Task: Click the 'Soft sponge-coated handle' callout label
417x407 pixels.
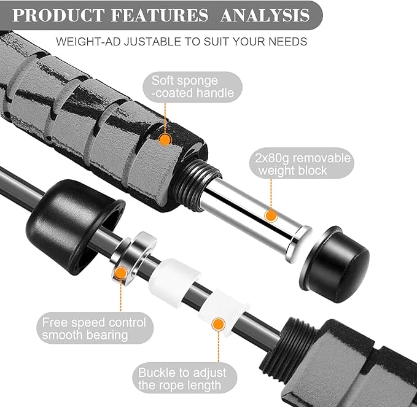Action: tap(193, 87)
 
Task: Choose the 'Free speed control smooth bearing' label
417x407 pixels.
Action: tap(94, 328)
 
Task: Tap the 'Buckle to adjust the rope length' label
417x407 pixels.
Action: tap(182, 379)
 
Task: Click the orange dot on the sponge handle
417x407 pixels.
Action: tap(165, 139)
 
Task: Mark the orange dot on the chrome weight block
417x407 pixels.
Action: tap(271, 215)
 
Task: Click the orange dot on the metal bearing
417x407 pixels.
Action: tap(121, 273)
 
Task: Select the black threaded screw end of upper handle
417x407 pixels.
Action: tap(193, 184)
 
